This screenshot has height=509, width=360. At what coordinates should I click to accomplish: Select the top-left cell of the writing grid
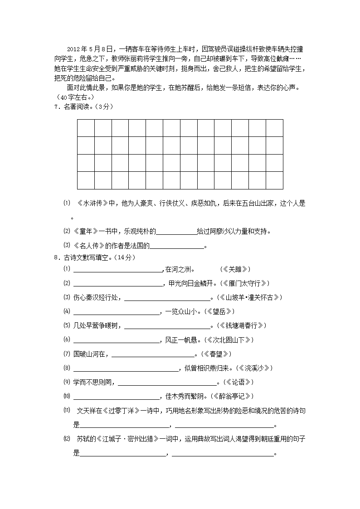(86, 128)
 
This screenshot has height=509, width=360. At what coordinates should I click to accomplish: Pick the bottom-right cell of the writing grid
(274, 180)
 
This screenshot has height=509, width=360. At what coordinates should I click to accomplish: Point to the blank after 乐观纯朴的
(176, 232)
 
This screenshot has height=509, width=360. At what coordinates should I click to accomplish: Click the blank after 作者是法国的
(177, 246)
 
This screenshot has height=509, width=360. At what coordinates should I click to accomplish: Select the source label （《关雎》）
(235, 269)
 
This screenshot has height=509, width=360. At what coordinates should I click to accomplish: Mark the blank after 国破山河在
(152, 354)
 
